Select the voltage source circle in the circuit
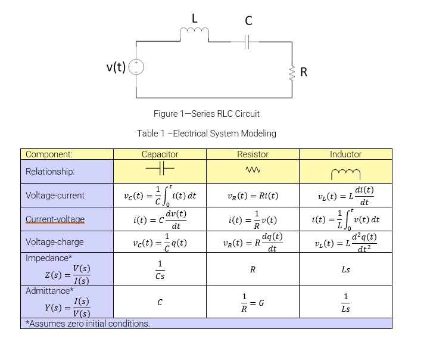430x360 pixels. point(136,67)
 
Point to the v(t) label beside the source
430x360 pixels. point(116,67)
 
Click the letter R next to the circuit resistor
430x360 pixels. point(304,73)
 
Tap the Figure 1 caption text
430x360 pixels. point(206,114)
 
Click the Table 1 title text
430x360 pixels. point(206,134)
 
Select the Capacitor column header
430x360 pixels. point(160,154)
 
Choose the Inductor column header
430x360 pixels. point(345,154)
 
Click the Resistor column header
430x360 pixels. point(253,154)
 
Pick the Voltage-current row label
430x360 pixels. point(55,195)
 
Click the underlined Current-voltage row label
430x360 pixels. point(55,219)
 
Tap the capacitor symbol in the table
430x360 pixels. point(160,171)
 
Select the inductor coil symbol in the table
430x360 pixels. point(345,173)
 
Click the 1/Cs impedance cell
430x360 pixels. point(160,269)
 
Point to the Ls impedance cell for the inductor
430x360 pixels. point(345,269)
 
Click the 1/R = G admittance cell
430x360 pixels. point(253,302)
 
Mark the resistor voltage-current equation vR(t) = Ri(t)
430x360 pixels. point(253,195)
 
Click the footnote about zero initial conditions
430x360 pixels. point(88,324)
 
